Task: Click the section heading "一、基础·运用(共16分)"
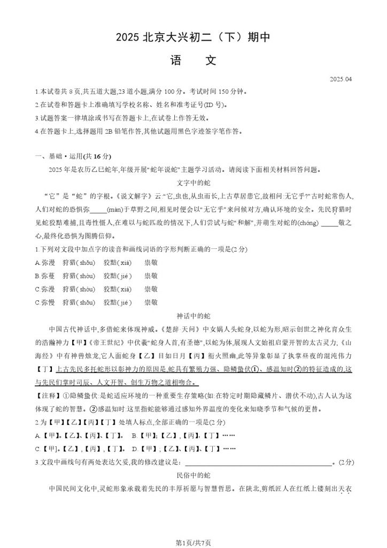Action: click(x=73, y=156)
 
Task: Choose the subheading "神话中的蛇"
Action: click(x=193, y=315)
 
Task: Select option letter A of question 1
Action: click(x=37, y=263)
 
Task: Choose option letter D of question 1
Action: click(x=37, y=302)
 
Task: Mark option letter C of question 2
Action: click(x=37, y=448)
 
